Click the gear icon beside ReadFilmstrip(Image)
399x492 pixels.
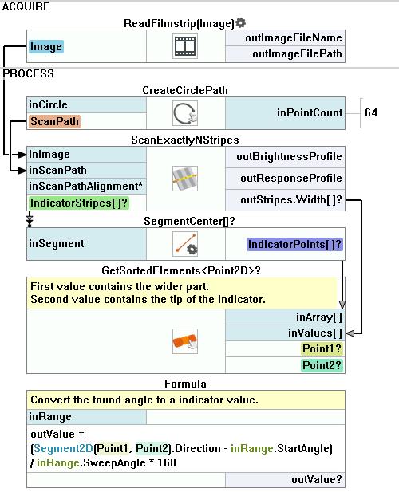241,22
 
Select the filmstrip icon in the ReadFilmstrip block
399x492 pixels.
185,46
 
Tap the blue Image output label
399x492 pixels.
46,47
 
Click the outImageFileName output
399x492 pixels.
294,38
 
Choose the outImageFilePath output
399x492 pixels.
297,54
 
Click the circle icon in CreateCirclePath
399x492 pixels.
185,113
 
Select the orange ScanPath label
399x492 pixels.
54,121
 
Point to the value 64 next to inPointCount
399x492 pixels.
371,112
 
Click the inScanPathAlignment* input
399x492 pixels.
85,186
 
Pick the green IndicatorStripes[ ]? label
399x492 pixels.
79,203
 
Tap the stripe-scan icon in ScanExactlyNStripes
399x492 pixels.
185,179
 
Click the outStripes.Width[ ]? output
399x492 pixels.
291,200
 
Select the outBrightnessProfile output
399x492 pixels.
289,156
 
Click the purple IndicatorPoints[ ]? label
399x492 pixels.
294,245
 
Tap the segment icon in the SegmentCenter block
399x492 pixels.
185,244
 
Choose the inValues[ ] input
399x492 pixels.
315,333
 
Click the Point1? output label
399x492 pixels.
322,349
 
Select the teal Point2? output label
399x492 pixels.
322,365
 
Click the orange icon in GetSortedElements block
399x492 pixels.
185,341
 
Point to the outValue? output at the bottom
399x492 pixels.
317,479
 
